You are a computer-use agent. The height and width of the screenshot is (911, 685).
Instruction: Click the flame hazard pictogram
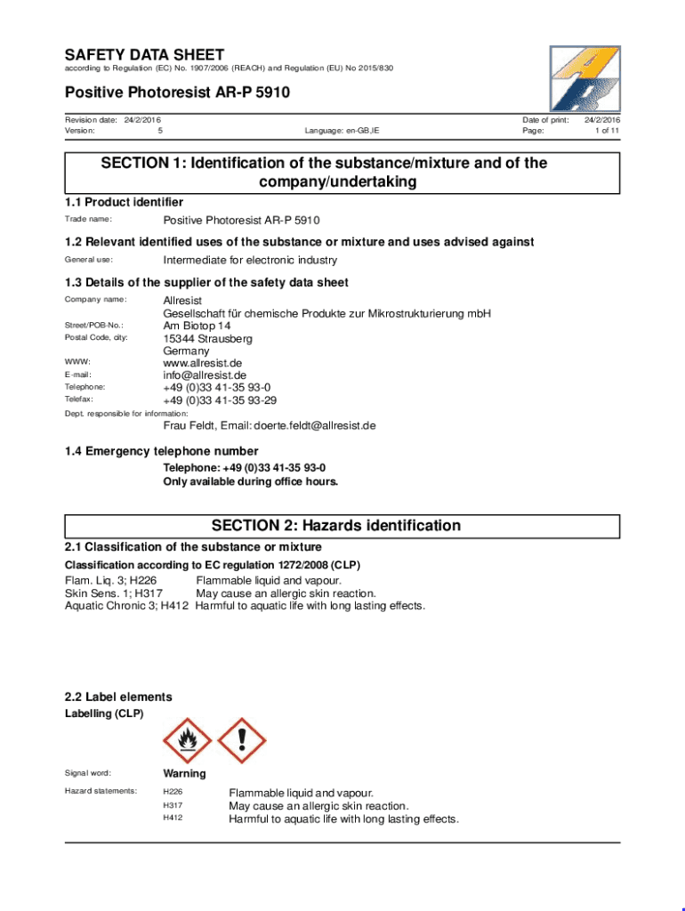click(188, 741)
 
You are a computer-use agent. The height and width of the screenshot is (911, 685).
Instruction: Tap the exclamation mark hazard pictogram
click(241, 741)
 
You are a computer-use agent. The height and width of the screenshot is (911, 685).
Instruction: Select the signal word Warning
click(184, 774)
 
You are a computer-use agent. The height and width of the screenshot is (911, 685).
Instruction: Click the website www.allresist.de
click(202, 363)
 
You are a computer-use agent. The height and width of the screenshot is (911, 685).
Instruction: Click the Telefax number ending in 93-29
click(219, 400)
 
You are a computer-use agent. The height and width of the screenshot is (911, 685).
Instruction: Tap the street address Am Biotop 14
click(197, 327)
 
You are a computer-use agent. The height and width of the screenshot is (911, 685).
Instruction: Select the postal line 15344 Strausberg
click(207, 339)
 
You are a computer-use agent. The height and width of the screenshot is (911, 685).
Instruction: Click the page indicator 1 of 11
click(607, 131)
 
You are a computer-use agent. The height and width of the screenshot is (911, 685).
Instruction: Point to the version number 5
click(160, 131)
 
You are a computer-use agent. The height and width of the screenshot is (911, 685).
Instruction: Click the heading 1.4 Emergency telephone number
click(161, 451)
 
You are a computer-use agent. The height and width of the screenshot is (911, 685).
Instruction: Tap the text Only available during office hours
click(250, 481)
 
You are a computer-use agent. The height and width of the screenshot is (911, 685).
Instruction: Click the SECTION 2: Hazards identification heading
click(335, 526)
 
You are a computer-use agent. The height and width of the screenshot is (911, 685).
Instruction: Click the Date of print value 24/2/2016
click(602, 119)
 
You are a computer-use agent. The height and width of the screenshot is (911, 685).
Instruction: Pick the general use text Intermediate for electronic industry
click(250, 260)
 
